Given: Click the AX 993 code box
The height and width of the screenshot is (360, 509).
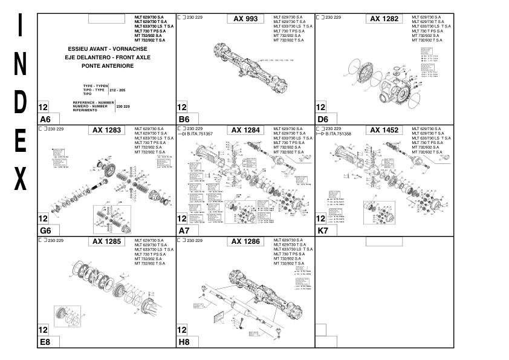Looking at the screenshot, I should point(245,19).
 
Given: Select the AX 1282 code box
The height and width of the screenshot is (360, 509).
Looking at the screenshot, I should point(384,19).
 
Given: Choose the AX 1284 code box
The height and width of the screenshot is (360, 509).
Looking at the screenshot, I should point(245,130).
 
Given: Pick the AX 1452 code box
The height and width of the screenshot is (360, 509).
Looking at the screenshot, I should point(384,130).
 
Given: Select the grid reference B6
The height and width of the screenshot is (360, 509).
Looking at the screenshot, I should point(184,119).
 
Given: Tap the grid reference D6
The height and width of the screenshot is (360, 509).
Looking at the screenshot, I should point(323,119).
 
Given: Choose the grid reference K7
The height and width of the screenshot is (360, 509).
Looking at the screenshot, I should point(323,231).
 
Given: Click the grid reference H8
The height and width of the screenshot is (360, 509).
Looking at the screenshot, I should point(184,342).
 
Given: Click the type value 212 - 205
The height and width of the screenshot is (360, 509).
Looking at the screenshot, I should point(118,90).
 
